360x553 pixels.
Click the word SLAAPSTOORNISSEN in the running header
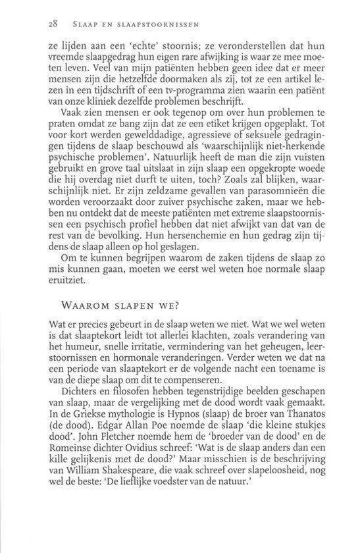[161, 26]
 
